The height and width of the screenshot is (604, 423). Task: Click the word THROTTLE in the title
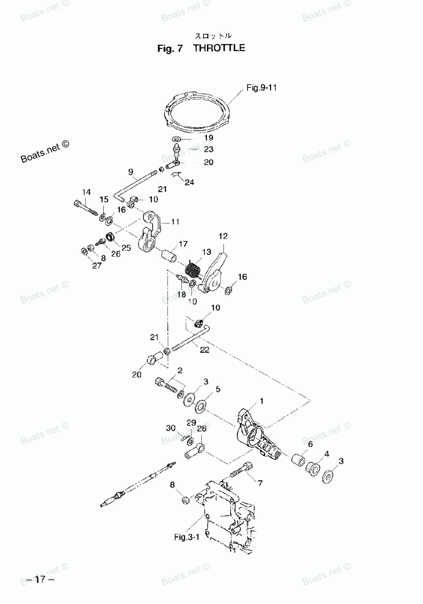pyautogui.click(x=219, y=48)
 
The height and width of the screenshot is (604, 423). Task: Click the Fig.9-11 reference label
pyautogui.click(x=261, y=88)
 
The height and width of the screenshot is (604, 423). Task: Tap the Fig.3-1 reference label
pyautogui.click(x=187, y=537)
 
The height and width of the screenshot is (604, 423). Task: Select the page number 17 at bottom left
pyautogui.click(x=40, y=579)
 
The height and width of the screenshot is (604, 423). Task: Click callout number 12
pyautogui.click(x=223, y=236)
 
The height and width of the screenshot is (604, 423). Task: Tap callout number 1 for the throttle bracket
pyautogui.click(x=261, y=401)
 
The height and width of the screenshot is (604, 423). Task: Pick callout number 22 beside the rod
pyautogui.click(x=204, y=350)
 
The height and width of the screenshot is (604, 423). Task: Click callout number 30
pyautogui.click(x=170, y=428)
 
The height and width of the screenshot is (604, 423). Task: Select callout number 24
pyautogui.click(x=189, y=183)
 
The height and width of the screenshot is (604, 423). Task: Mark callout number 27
pyautogui.click(x=97, y=265)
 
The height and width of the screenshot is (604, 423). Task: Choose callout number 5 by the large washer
pyautogui.click(x=218, y=389)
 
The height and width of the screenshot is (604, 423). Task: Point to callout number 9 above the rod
pyautogui.click(x=131, y=172)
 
